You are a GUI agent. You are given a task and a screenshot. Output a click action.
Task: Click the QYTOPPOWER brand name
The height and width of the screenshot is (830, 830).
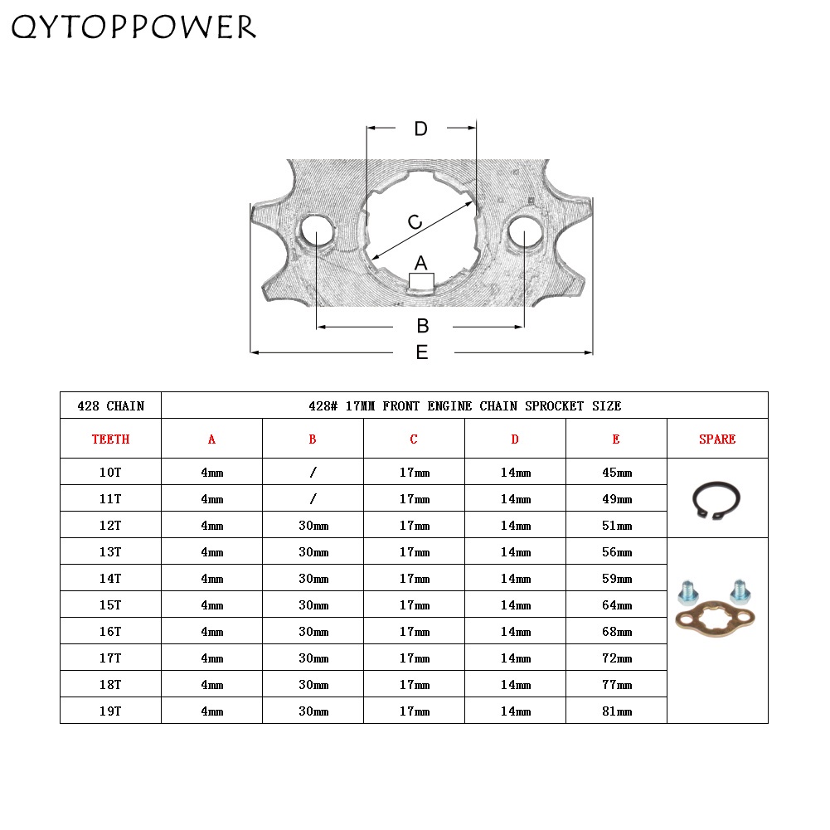coord(133,27)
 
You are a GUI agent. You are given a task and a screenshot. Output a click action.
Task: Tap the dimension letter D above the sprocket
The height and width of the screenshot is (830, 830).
coord(420,129)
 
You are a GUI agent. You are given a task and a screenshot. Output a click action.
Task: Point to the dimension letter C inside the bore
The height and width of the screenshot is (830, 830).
coord(415,222)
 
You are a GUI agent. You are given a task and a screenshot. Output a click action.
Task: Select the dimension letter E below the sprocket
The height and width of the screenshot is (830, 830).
coord(422,352)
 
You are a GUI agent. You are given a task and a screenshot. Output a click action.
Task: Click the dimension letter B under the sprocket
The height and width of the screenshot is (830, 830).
coord(422,326)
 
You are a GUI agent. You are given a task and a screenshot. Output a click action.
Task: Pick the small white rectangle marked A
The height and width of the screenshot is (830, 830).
coord(421,280)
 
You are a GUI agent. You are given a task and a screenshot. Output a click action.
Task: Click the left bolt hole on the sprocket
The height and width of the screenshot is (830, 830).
coord(316,231)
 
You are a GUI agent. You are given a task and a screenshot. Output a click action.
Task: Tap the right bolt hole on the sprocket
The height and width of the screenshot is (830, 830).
coord(525,233)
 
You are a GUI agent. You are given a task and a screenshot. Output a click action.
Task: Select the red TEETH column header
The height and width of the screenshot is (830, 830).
coord(110,439)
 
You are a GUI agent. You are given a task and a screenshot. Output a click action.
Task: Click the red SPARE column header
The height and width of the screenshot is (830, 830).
coord(717,439)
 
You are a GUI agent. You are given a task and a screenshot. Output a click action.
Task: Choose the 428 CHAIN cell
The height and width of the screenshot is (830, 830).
coord(110,405)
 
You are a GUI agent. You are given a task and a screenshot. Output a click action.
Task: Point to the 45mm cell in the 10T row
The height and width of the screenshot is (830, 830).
coord(616,473)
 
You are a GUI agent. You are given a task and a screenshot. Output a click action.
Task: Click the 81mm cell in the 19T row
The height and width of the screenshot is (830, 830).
coord(616,711)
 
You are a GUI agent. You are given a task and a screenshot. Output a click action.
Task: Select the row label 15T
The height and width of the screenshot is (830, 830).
coord(110,604)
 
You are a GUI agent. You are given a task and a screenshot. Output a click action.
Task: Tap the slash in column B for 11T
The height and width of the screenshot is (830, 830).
coord(313,499)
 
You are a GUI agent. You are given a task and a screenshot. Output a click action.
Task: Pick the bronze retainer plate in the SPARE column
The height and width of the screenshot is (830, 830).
coord(716,618)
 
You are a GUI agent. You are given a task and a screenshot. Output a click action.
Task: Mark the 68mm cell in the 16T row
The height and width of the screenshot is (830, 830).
coord(616,631)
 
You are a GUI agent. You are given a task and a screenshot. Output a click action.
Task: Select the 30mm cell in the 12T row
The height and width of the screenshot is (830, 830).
coord(313,526)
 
